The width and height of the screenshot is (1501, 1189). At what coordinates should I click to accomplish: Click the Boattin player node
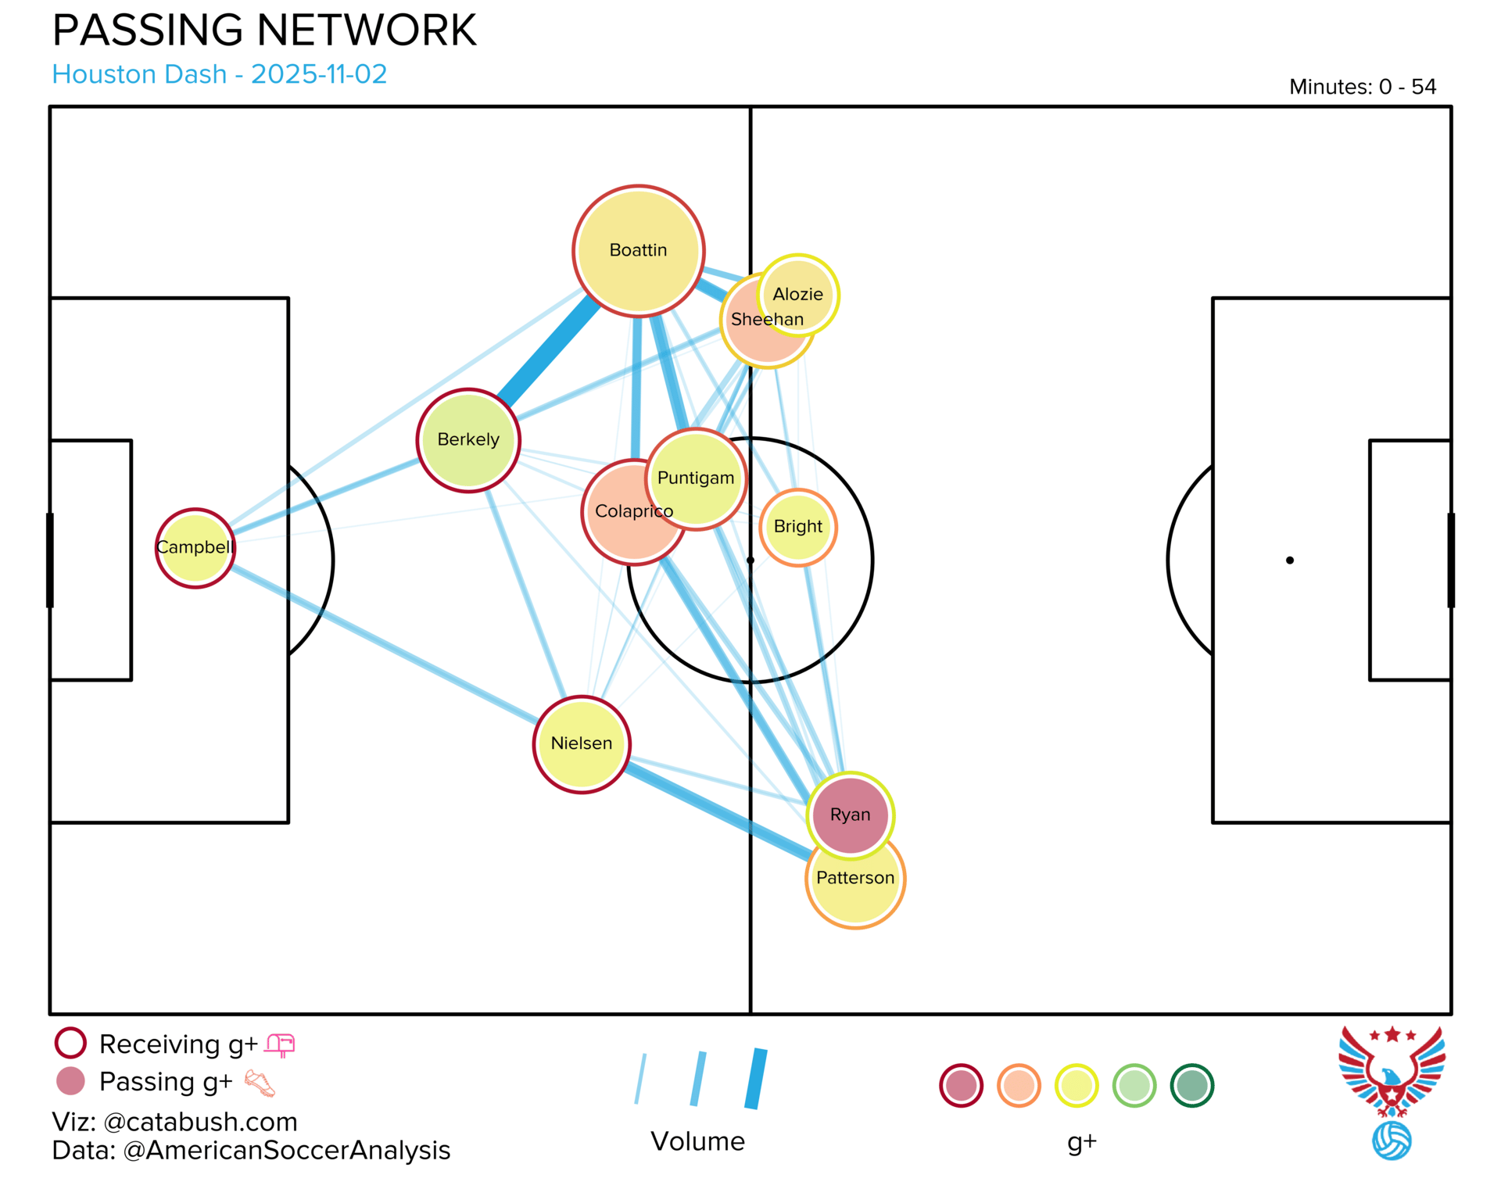(639, 251)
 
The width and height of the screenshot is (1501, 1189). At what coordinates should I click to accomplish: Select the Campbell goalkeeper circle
(195, 548)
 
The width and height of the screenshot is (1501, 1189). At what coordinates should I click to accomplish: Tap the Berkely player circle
(468, 440)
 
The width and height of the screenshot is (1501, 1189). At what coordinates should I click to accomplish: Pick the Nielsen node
(582, 744)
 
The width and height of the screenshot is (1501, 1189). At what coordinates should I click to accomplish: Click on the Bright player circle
(798, 528)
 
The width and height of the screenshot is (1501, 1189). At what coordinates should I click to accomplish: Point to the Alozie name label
(798, 295)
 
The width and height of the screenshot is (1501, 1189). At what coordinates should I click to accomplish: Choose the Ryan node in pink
(851, 815)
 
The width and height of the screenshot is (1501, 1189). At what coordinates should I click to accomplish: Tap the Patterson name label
(855, 878)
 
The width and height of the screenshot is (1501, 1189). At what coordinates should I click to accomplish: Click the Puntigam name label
(696, 478)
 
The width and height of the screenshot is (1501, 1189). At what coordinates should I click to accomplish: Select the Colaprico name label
(634, 511)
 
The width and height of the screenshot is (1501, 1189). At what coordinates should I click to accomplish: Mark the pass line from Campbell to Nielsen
(385, 644)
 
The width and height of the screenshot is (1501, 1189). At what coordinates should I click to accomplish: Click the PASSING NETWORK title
(264, 30)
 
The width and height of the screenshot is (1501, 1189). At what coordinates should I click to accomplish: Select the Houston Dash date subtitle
(220, 74)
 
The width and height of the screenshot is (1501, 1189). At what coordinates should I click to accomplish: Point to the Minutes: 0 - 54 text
(1363, 87)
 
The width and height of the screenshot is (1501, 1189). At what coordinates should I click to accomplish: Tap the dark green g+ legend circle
(1192, 1086)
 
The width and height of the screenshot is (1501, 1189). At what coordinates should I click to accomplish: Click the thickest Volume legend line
(756, 1079)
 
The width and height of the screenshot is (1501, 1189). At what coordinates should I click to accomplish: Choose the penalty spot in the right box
(1290, 560)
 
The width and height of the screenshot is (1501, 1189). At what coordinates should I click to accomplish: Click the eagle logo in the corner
(1392, 1093)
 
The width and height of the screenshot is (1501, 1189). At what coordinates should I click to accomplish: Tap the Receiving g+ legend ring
(70, 1044)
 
